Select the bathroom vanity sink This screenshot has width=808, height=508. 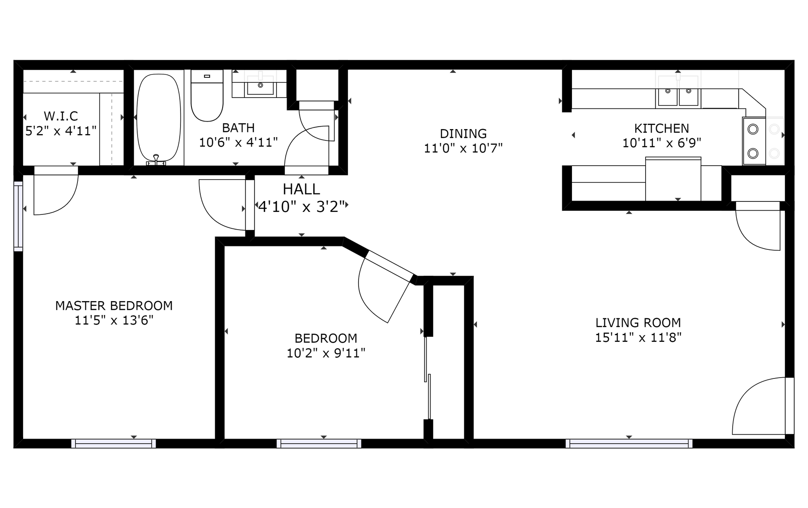click(x=260, y=85)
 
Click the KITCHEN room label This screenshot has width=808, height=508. click(x=662, y=128)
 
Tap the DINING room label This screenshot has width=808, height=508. click(x=463, y=134)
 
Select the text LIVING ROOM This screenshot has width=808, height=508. click(x=638, y=323)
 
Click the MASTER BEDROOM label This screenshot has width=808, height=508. click(x=114, y=306)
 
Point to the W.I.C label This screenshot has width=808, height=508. click(x=61, y=116)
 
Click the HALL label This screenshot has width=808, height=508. click(x=301, y=189)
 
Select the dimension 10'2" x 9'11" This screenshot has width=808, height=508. click(x=326, y=353)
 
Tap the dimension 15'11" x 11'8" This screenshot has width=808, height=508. click(x=638, y=338)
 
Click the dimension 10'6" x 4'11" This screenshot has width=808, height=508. click(x=238, y=143)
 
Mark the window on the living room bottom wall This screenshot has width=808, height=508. click(x=629, y=443)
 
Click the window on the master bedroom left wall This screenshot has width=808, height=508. click(x=18, y=216)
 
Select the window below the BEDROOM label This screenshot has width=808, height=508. click(x=319, y=443)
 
